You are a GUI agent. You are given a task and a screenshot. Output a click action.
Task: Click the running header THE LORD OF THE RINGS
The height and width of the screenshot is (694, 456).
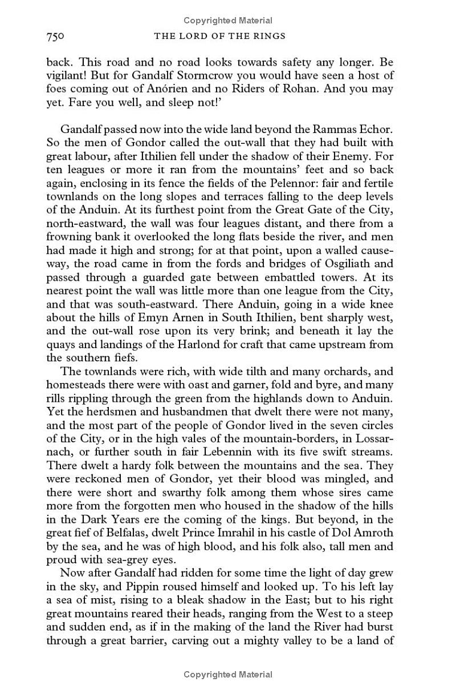click(x=219, y=37)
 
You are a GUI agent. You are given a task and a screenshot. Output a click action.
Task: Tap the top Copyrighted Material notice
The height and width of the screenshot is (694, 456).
click(x=227, y=21)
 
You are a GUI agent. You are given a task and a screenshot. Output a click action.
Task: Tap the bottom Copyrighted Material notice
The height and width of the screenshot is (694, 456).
click(x=227, y=675)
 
